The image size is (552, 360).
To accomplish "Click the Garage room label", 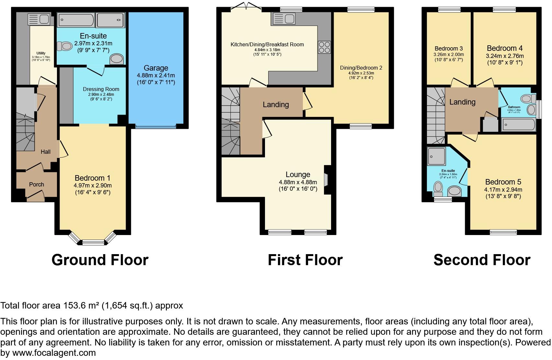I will pos(156,68).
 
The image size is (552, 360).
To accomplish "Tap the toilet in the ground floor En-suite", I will pos(64,46).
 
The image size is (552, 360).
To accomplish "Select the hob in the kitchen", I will pos(324,47).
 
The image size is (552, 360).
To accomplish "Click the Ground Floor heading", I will pos(100,260).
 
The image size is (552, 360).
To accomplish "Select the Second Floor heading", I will pos(482,260).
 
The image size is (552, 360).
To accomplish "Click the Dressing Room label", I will pos(101,89).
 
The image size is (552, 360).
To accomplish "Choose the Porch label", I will pos(36,184).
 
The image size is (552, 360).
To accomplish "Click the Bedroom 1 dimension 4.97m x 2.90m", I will pos(93,185).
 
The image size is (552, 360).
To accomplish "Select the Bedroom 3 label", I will pos(449,49).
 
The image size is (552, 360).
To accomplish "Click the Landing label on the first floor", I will pos(276,105).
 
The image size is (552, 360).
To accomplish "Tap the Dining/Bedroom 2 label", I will pos(361,68).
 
